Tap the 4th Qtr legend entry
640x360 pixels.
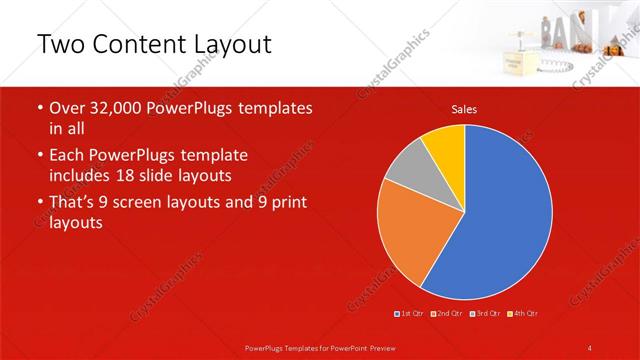tap(523, 314)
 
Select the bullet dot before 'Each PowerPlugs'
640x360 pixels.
tap(40, 155)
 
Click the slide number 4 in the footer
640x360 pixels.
tap(591, 347)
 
